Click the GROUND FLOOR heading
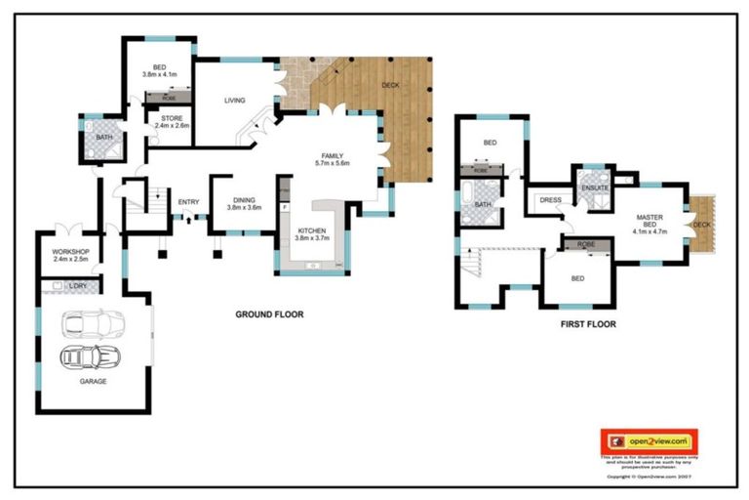click(x=269, y=314)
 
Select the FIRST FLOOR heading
click(x=587, y=324)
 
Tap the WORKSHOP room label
click(x=70, y=256)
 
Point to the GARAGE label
click(x=94, y=381)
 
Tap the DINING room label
click(x=244, y=203)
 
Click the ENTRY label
click(x=188, y=202)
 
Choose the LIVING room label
click(x=234, y=100)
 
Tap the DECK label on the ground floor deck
click(x=390, y=86)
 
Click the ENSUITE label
click(x=595, y=187)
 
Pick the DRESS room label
click(x=550, y=200)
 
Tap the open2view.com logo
click(x=650, y=440)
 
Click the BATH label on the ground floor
click(x=103, y=137)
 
